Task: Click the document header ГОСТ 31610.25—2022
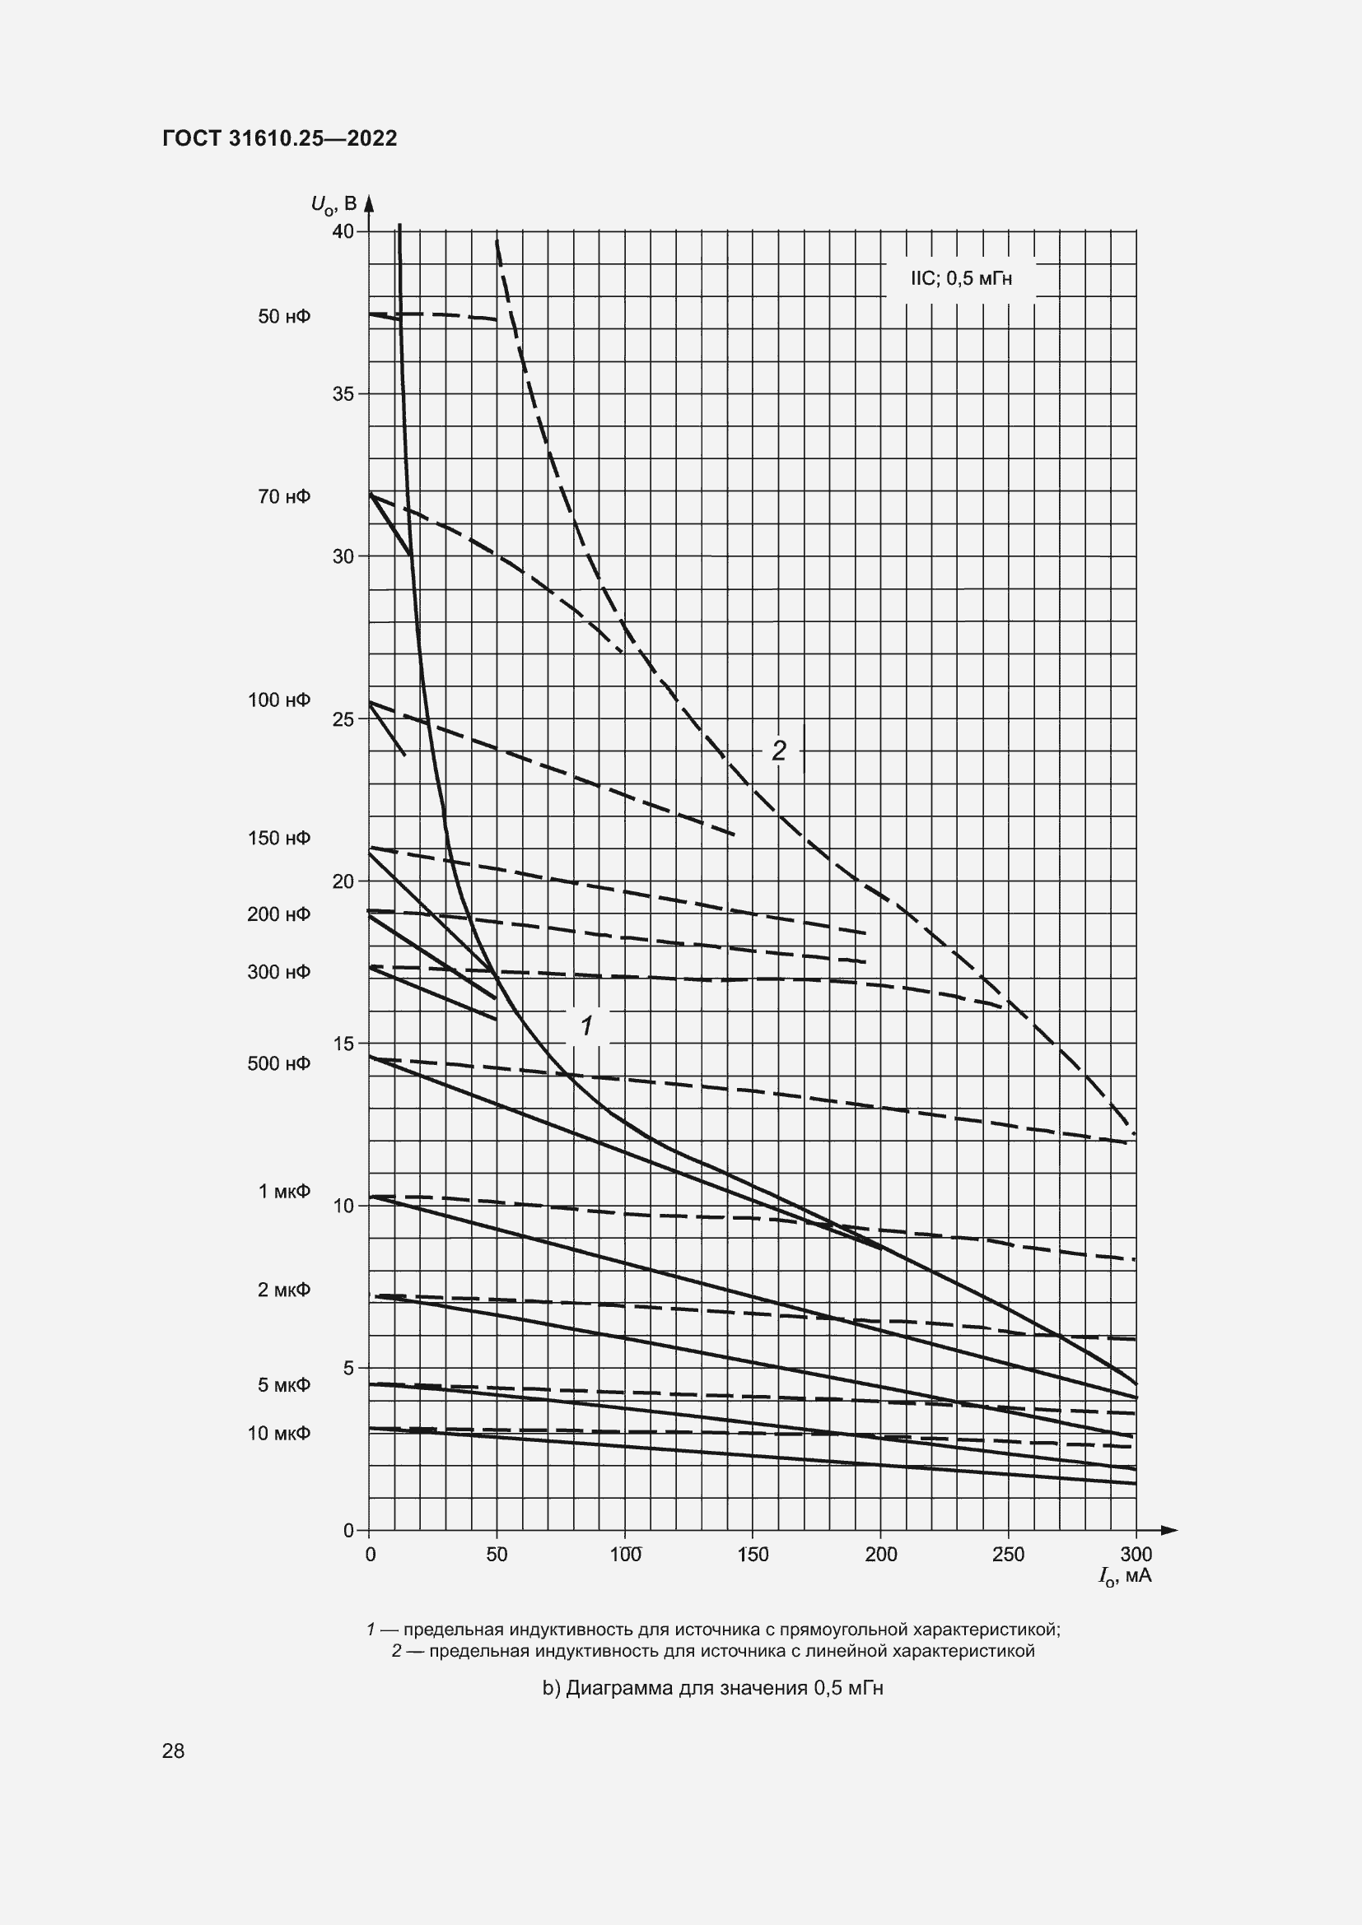click(279, 138)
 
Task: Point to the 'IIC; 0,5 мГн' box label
click(961, 279)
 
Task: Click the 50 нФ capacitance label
click(284, 317)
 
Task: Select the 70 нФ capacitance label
click(284, 497)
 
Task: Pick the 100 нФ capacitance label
click(279, 700)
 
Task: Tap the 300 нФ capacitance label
click(279, 972)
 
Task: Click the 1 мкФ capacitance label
click(284, 1192)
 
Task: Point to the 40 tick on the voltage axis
click(343, 231)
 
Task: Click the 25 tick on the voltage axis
click(343, 719)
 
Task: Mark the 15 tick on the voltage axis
click(343, 1044)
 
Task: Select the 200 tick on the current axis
click(880, 1555)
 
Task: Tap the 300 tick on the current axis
click(1136, 1555)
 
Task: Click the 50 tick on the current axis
click(497, 1555)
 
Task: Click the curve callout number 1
click(587, 1025)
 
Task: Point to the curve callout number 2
click(779, 751)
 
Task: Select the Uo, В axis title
click(334, 204)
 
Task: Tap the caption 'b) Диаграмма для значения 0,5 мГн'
click(713, 1688)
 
